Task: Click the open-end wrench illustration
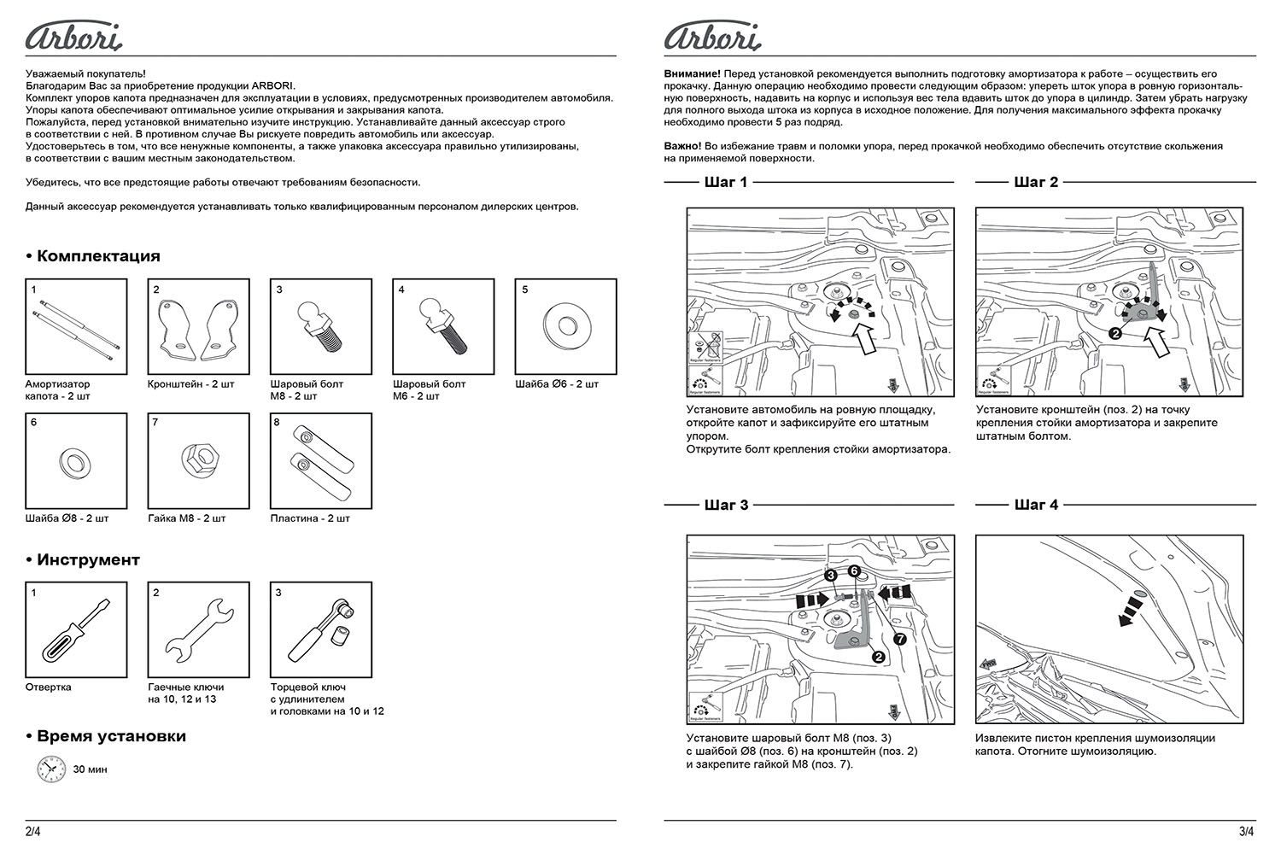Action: pos(199,633)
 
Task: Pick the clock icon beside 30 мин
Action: pos(50,769)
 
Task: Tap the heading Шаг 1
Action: pos(726,182)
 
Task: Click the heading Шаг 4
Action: pos(1036,505)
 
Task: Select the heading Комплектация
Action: pos(92,256)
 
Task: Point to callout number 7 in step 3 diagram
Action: pos(899,637)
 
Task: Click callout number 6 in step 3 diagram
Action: pos(854,570)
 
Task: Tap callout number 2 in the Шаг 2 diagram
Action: pos(1115,334)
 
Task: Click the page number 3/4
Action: pos(1246,830)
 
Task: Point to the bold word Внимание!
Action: pos(692,74)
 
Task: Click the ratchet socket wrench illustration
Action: pos(320,633)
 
